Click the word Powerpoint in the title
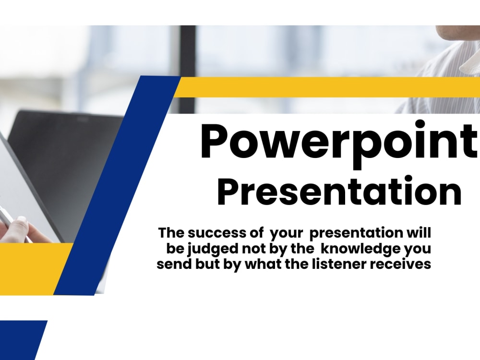point(339,143)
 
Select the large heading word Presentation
point(339,192)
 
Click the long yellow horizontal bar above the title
point(326,87)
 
